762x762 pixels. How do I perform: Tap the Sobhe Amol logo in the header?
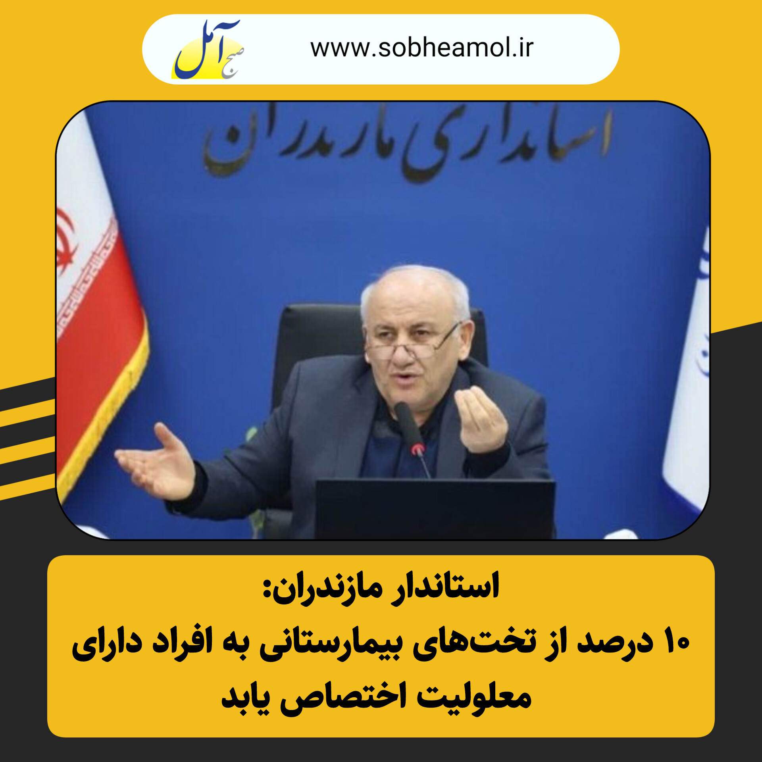coord(208,49)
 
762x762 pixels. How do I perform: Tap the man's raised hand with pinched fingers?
coord(481,421)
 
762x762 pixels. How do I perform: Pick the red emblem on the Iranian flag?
coord(66,242)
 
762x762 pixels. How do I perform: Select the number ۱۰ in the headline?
coord(677,643)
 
